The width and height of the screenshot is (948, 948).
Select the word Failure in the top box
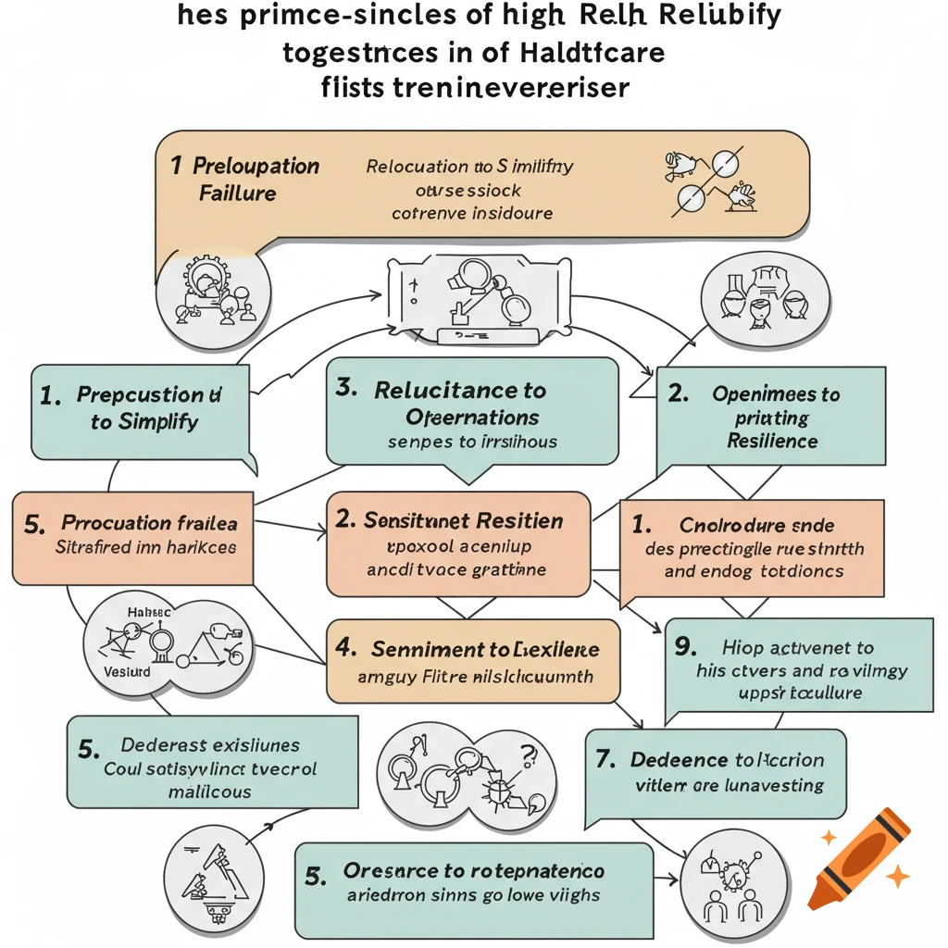238,193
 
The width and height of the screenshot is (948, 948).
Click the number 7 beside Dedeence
605,760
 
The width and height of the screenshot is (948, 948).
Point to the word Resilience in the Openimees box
772,442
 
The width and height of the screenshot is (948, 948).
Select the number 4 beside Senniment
346,649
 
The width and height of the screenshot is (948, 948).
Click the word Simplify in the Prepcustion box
157,422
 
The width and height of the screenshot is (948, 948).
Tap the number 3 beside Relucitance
346,389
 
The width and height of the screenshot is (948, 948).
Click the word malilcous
210,792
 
